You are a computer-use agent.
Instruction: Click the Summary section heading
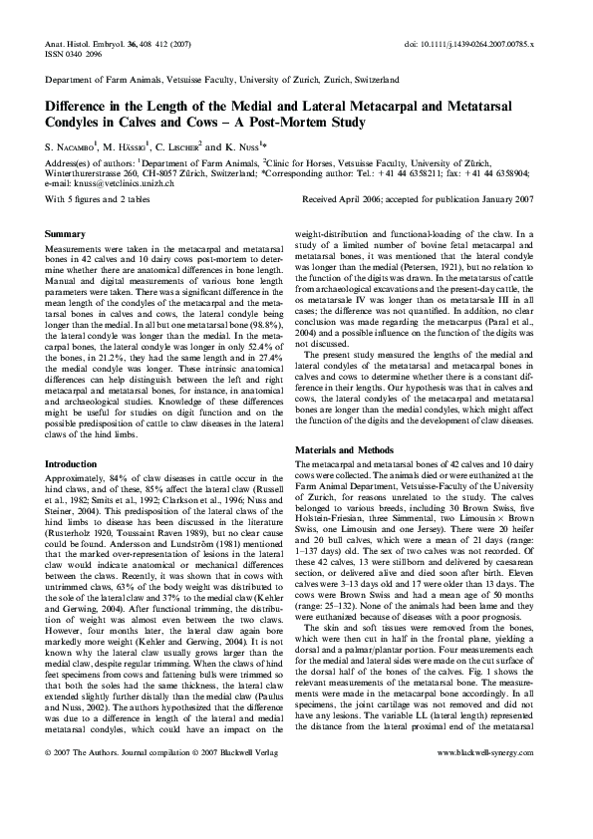click(65, 233)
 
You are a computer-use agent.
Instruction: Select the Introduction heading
click(72, 463)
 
